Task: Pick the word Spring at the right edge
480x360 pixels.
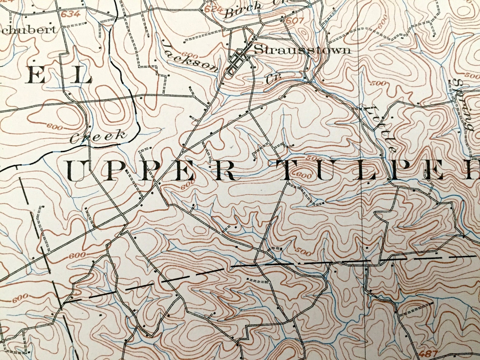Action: [x=462, y=104]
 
